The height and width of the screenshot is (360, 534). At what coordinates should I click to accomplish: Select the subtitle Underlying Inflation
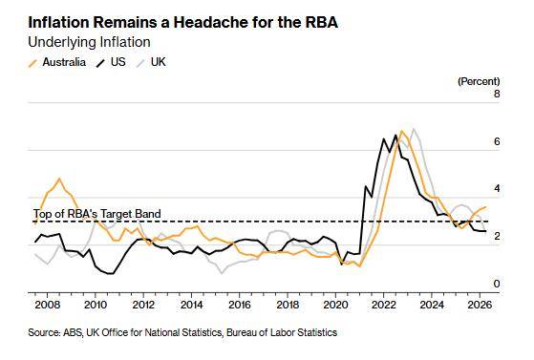[x=89, y=43]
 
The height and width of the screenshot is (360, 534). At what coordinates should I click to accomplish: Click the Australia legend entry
[x=57, y=62]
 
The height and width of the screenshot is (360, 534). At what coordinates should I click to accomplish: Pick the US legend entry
[x=111, y=62]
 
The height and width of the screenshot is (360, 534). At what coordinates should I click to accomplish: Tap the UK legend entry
[x=151, y=62]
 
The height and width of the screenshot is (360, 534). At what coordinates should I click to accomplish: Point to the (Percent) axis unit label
[x=479, y=81]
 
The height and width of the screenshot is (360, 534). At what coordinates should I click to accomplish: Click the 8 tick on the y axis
[x=497, y=94]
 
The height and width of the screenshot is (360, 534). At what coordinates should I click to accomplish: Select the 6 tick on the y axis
[x=497, y=141]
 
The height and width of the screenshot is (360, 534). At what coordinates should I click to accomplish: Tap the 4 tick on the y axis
[x=497, y=189]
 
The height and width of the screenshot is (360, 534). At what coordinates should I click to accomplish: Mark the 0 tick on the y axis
[x=497, y=284]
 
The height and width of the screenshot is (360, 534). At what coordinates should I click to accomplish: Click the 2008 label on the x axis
[x=48, y=305]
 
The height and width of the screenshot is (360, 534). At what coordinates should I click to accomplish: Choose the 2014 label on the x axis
[x=191, y=305]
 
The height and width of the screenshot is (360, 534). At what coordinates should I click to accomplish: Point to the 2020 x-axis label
[x=336, y=305]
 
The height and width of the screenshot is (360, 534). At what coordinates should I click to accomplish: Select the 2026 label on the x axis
[x=480, y=305]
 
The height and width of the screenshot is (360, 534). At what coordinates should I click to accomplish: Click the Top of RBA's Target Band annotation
[x=97, y=214]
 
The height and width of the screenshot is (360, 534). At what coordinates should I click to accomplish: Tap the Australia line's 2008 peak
[x=59, y=179]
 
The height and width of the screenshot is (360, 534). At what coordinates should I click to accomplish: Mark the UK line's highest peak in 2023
[x=414, y=129]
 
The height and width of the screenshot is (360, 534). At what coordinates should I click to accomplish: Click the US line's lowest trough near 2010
[x=110, y=273]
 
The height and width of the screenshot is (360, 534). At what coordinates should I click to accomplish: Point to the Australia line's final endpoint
[x=485, y=206]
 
